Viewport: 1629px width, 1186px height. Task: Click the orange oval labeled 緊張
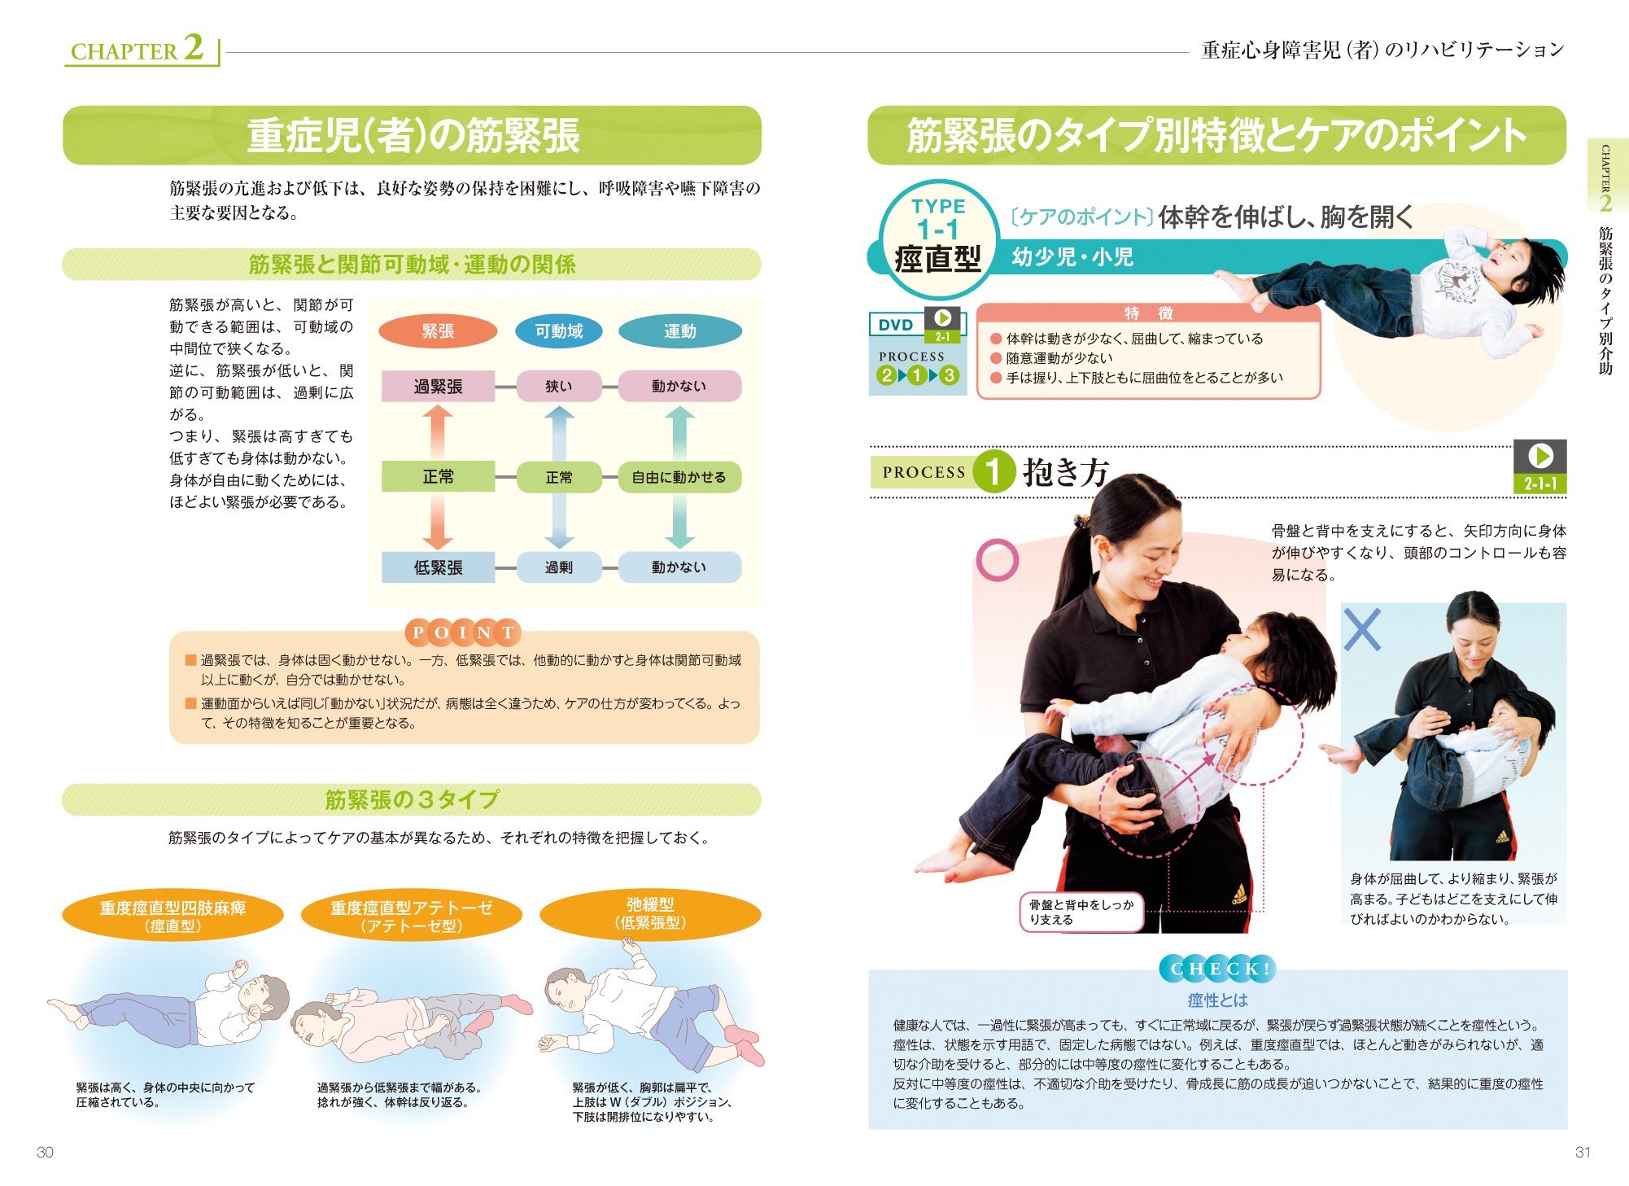[438, 331]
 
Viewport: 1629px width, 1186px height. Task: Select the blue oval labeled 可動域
[558, 331]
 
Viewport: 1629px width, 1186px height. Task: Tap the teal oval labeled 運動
[679, 331]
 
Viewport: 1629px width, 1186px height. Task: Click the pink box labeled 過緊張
[438, 387]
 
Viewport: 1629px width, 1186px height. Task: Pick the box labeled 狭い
[558, 387]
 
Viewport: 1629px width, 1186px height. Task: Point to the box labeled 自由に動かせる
[679, 477]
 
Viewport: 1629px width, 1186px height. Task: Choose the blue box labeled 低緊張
[438, 567]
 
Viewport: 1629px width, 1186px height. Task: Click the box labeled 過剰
[558, 567]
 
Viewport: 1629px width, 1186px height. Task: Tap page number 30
[45, 1152]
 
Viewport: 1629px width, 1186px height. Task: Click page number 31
[1583, 1152]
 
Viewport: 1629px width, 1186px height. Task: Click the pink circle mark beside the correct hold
[997, 560]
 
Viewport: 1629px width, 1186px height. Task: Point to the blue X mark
[1362, 629]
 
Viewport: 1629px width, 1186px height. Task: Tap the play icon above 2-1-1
[1540, 455]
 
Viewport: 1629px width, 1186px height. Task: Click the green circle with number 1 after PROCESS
[993, 471]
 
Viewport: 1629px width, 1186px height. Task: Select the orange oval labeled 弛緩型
[650, 913]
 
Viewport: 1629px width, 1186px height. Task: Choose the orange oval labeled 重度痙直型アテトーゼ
[411, 916]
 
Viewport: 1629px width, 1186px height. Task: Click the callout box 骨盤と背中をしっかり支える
[1081, 912]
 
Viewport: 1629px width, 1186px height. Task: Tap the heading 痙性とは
[1217, 1000]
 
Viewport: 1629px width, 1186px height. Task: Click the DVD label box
[896, 325]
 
